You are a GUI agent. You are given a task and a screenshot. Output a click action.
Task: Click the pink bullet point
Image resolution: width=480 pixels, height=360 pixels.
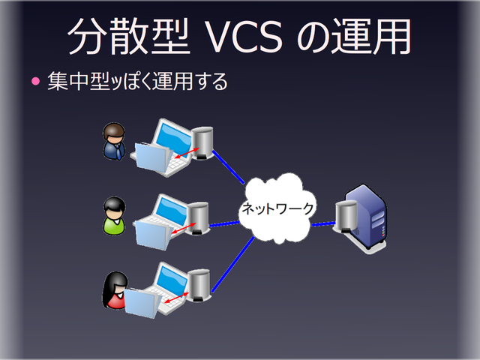click(x=34, y=80)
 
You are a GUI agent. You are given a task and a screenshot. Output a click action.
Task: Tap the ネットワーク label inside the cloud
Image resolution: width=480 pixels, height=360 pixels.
click(x=277, y=209)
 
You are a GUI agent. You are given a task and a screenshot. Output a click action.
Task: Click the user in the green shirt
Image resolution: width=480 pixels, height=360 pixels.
click(x=114, y=215)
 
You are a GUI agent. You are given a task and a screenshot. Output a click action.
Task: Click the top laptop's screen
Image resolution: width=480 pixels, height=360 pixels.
click(x=172, y=139)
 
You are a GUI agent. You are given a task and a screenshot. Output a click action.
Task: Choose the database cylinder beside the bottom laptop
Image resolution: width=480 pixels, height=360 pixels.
click(x=199, y=283)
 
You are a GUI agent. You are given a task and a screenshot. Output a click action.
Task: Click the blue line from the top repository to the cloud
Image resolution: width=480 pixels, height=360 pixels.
click(x=228, y=166)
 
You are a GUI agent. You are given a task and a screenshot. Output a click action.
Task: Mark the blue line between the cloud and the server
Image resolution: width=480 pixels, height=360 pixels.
click(x=322, y=223)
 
